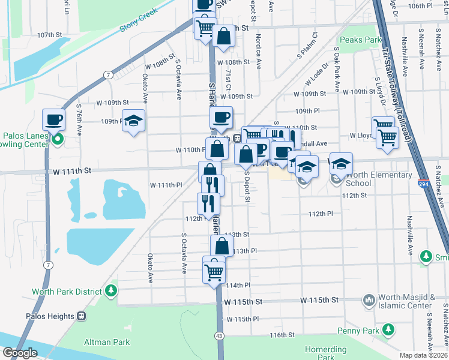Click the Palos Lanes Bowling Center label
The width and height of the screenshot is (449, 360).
tap(24, 140)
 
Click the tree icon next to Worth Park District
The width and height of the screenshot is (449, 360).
tap(111, 292)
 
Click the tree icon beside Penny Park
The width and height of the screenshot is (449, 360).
tap(388, 329)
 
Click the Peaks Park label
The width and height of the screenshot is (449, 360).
tap(360, 40)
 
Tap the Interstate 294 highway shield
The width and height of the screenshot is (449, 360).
tap(424, 185)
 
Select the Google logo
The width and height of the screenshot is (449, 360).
tap(20, 353)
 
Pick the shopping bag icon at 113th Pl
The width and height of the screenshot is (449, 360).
tap(221, 246)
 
